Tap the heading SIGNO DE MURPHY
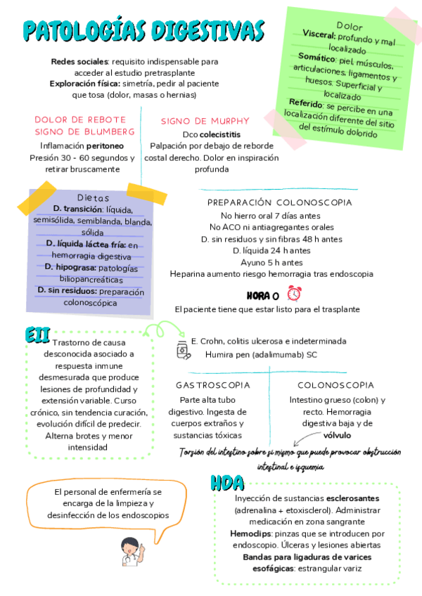[x=205, y=121]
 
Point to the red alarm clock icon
[x=294, y=294]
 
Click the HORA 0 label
[x=263, y=295]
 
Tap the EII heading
[x=37, y=334]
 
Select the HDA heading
[x=228, y=483]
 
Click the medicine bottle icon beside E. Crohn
[x=182, y=348]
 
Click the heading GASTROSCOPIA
[x=212, y=385]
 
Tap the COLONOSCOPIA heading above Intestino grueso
[x=335, y=385]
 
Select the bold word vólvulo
[x=338, y=436]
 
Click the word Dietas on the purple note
[x=93, y=197]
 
